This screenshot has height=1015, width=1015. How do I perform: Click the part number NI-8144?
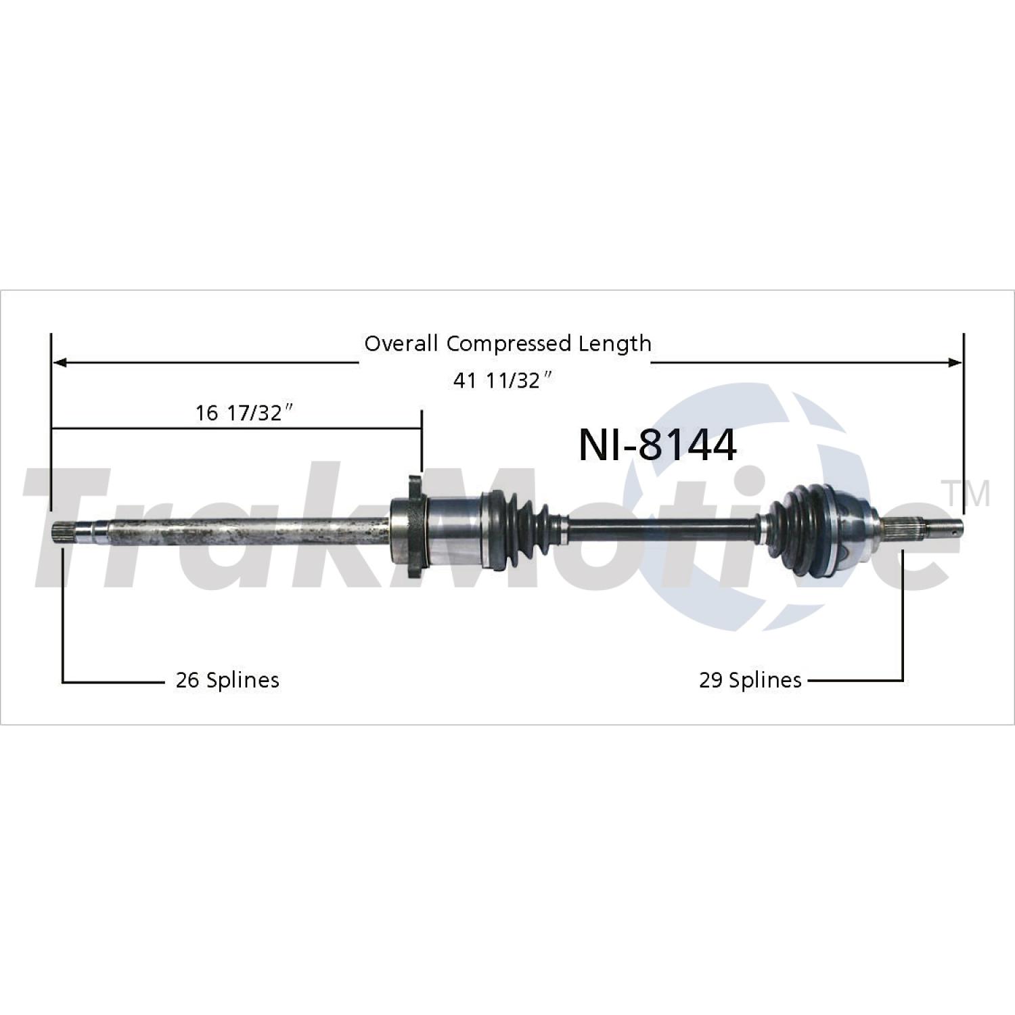click(x=657, y=445)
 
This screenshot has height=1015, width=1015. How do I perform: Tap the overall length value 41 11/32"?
click(x=503, y=380)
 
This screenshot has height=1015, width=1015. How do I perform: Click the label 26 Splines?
click(x=227, y=679)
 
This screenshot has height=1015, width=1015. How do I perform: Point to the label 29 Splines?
click(x=750, y=679)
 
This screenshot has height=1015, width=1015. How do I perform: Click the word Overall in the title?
click(x=401, y=343)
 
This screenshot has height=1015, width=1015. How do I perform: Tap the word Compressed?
click(x=508, y=344)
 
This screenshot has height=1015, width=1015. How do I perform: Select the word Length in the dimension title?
click(x=614, y=344)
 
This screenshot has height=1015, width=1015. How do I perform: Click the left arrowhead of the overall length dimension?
click(x=60, y=363)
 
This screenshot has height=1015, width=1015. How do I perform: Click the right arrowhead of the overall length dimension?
click(x=954, y=363)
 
